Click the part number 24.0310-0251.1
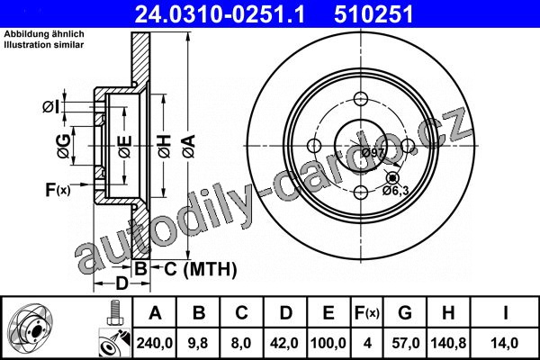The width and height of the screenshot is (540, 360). click(x=220, y=14)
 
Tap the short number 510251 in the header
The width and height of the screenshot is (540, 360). click(x=373, y=14)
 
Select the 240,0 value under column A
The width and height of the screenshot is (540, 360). click(x=155, y=343)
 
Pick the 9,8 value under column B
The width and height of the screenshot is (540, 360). click(x=198, y=343)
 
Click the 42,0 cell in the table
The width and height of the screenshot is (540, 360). click(x=284, y=343)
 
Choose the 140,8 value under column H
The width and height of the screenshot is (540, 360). click(x=448, y=343)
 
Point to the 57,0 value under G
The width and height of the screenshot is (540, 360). click(x=405, y=343)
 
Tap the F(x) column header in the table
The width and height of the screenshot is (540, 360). click(x=367, y=313)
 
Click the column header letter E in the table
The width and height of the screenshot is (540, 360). click(x=328, y=313)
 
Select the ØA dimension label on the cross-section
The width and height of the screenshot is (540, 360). click(x=189, y=146)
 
